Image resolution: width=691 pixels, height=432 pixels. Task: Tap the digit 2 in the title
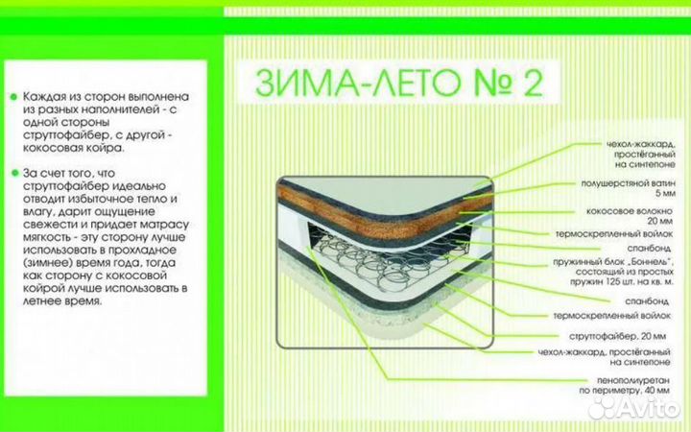pos(534,83)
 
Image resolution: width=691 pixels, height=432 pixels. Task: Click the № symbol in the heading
pos(492,83)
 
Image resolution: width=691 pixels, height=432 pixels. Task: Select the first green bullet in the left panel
pos(13,96)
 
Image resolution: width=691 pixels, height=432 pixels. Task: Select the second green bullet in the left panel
pos(14,173)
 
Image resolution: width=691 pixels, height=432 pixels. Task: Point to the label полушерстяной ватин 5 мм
pos(628,188)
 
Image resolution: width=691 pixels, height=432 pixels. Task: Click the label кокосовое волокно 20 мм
pos(630,216)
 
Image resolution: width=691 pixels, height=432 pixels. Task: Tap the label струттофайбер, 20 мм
pos(617,336)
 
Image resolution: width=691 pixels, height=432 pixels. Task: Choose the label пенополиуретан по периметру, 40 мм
pos(625,385)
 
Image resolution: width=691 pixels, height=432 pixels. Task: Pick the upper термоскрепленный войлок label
pos(614,233)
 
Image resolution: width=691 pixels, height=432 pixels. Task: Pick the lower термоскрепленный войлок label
pos(611,316)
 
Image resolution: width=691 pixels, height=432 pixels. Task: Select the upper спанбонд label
pos(649,249)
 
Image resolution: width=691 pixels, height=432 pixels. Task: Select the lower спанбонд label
pos(647,301)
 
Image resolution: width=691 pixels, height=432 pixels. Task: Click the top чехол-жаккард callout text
pos(641,154)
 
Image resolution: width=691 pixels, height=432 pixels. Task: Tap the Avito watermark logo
pos(633,409)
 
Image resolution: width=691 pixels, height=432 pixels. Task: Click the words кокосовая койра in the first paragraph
pos(73,148)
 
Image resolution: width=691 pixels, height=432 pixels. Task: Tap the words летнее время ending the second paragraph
pos(61,301)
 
